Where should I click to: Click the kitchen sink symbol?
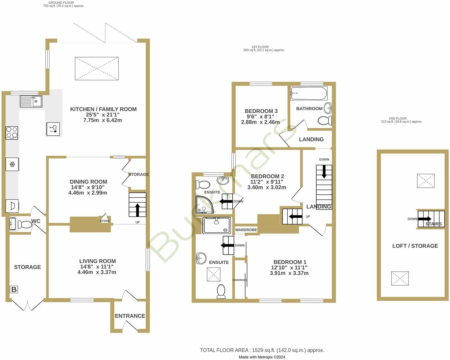pos(31,101)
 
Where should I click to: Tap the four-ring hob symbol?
pos(12,133)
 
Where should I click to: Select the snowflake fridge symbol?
pos(12,164)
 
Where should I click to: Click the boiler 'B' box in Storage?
pos(14,289)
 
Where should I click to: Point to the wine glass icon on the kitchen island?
pos(53,129)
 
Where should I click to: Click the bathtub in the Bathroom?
pos(309,94)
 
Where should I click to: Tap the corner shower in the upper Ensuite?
pos(204,205)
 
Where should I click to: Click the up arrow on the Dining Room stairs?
pos(138,210)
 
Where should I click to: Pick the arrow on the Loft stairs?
pos(425,219)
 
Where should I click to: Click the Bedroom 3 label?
pos(261,111)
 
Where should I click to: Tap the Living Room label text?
pos(97,261)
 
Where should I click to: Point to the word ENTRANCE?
pos(130,316)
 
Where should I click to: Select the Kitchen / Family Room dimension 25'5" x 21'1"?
pos(102,115)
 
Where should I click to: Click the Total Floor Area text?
pos(262,350)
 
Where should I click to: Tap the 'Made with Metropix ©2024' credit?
pos(262,357)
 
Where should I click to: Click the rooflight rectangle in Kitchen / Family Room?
pos(97,69)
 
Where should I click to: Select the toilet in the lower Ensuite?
pos(221,291)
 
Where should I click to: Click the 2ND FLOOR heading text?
pos(397,118)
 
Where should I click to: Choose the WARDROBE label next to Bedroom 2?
pos(246,230)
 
